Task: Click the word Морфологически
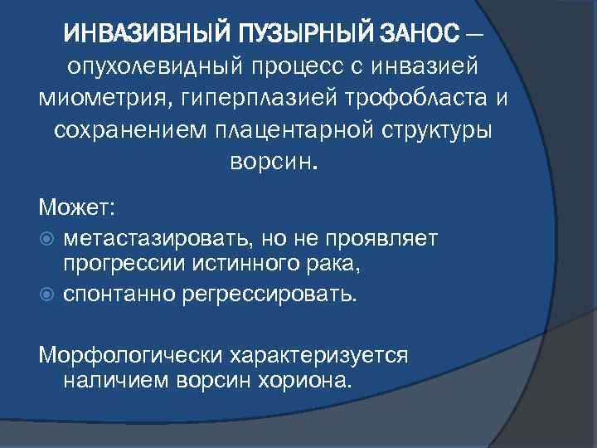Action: tap(128, 354)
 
